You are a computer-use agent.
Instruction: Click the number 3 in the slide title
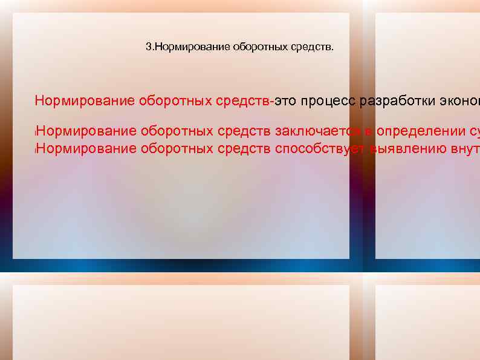click(x=149, y=47)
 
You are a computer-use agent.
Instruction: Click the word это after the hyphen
click(x=285, y=100)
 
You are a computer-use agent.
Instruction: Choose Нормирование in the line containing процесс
click(x=85, y=100)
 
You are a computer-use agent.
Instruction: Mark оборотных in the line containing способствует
click(x=177, y=148)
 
